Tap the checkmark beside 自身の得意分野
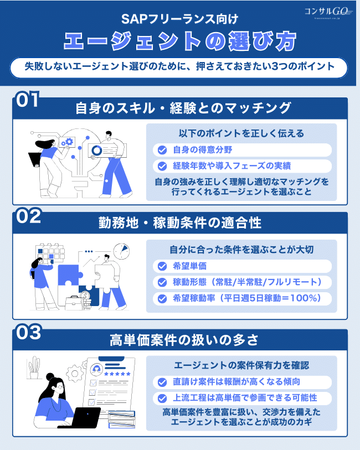(x=162, y=150)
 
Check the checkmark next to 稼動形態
(x=162, y=282)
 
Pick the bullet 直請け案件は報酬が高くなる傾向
(x=236, y=382)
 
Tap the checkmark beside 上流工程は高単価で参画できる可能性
(x=162, y=398)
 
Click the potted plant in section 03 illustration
(x=34, y=368)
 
